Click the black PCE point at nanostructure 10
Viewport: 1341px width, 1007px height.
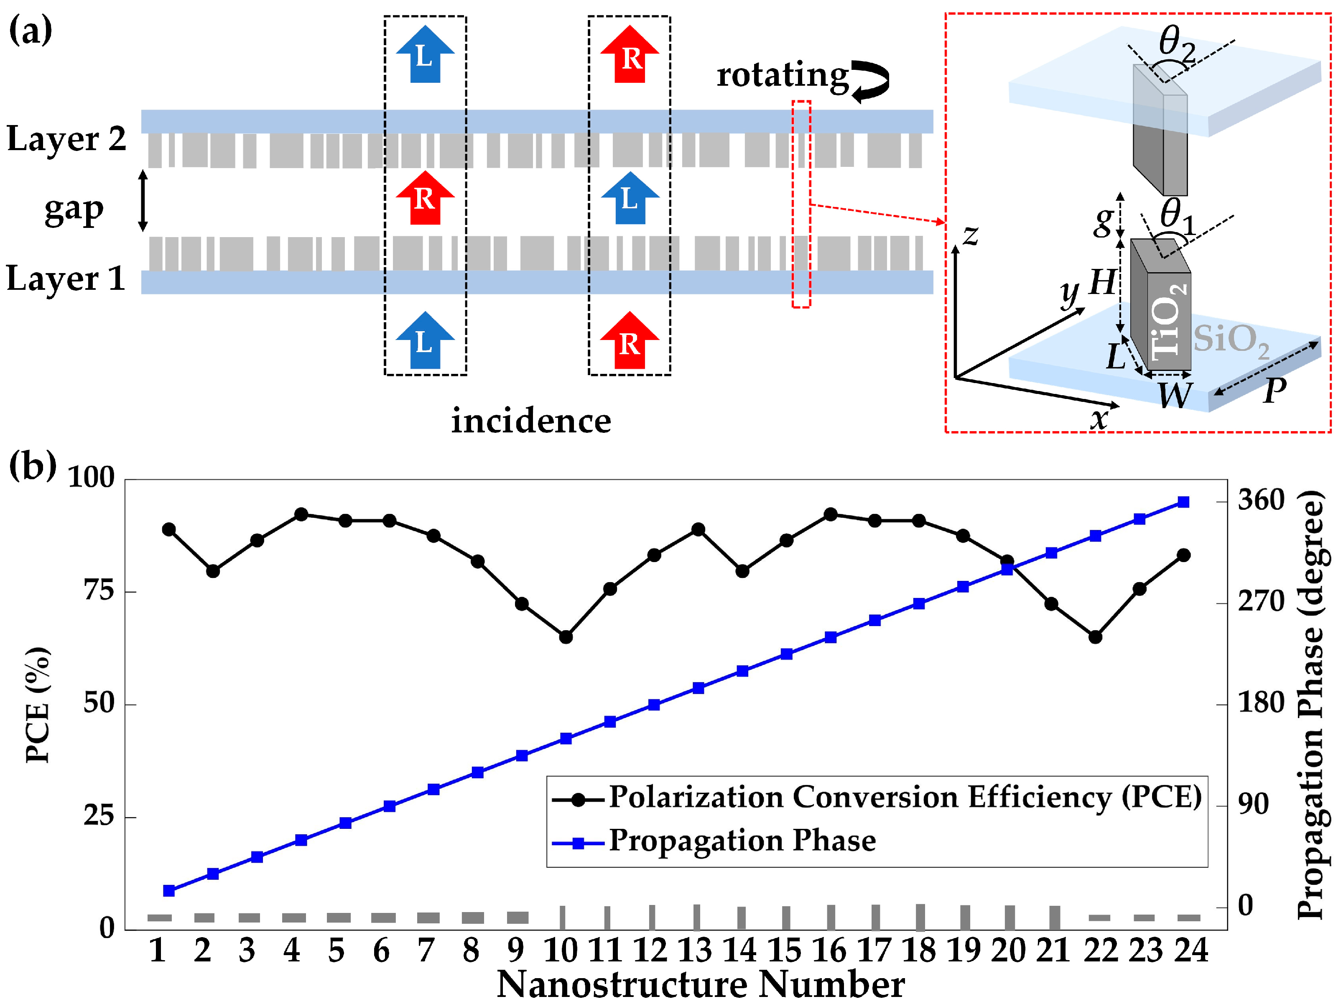566,637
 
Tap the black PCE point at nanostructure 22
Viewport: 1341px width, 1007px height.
1095,637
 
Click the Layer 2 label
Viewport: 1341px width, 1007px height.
66,139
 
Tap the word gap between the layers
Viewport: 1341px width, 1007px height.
74,210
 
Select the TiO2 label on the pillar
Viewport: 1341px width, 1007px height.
1168,319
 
